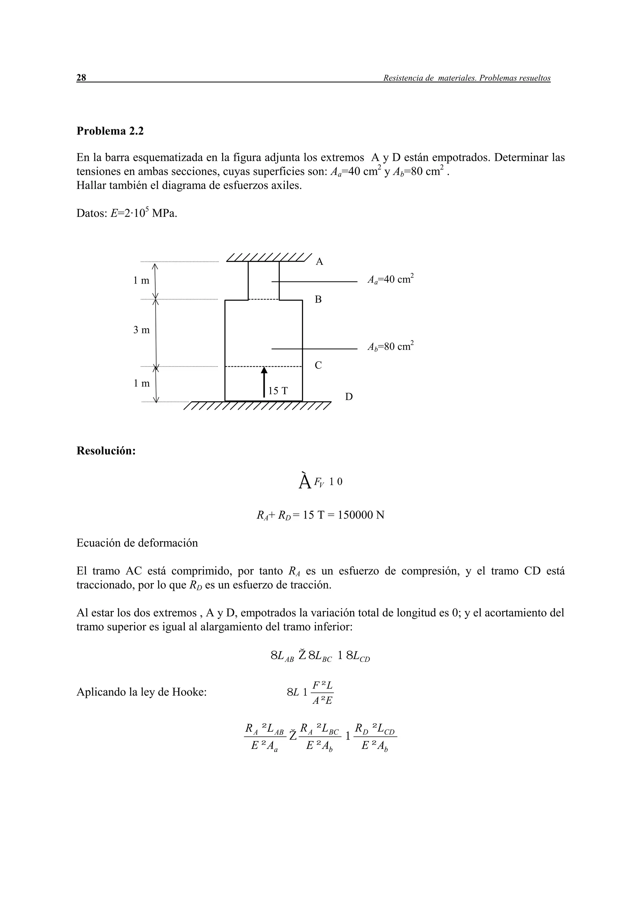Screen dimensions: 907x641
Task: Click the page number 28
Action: pyautogui.click(x=81, y=78)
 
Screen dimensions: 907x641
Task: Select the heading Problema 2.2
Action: pyautogui.click(x=110, y=131)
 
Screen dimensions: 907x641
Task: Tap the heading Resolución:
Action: pyautogui.click(x=106, y=451)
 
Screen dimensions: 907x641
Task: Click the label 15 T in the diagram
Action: pyautogui.click(x=278, y=391)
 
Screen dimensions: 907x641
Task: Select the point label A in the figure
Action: pyautogui.click(x=320, y=262)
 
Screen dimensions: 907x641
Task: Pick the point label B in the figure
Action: pyautogui.click(x=318, y=300)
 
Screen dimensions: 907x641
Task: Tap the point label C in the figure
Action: pyautogui.click(x=318, y=366)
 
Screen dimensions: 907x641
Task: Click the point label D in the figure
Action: pyautogui.click(x=349, y=397)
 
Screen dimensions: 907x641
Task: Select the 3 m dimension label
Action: pyautogui.click(x=141, y=330)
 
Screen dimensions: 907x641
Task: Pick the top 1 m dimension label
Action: pyautogui.click(x=141, y=281)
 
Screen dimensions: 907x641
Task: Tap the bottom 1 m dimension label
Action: pyautogui.click(x=141, y=383)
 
